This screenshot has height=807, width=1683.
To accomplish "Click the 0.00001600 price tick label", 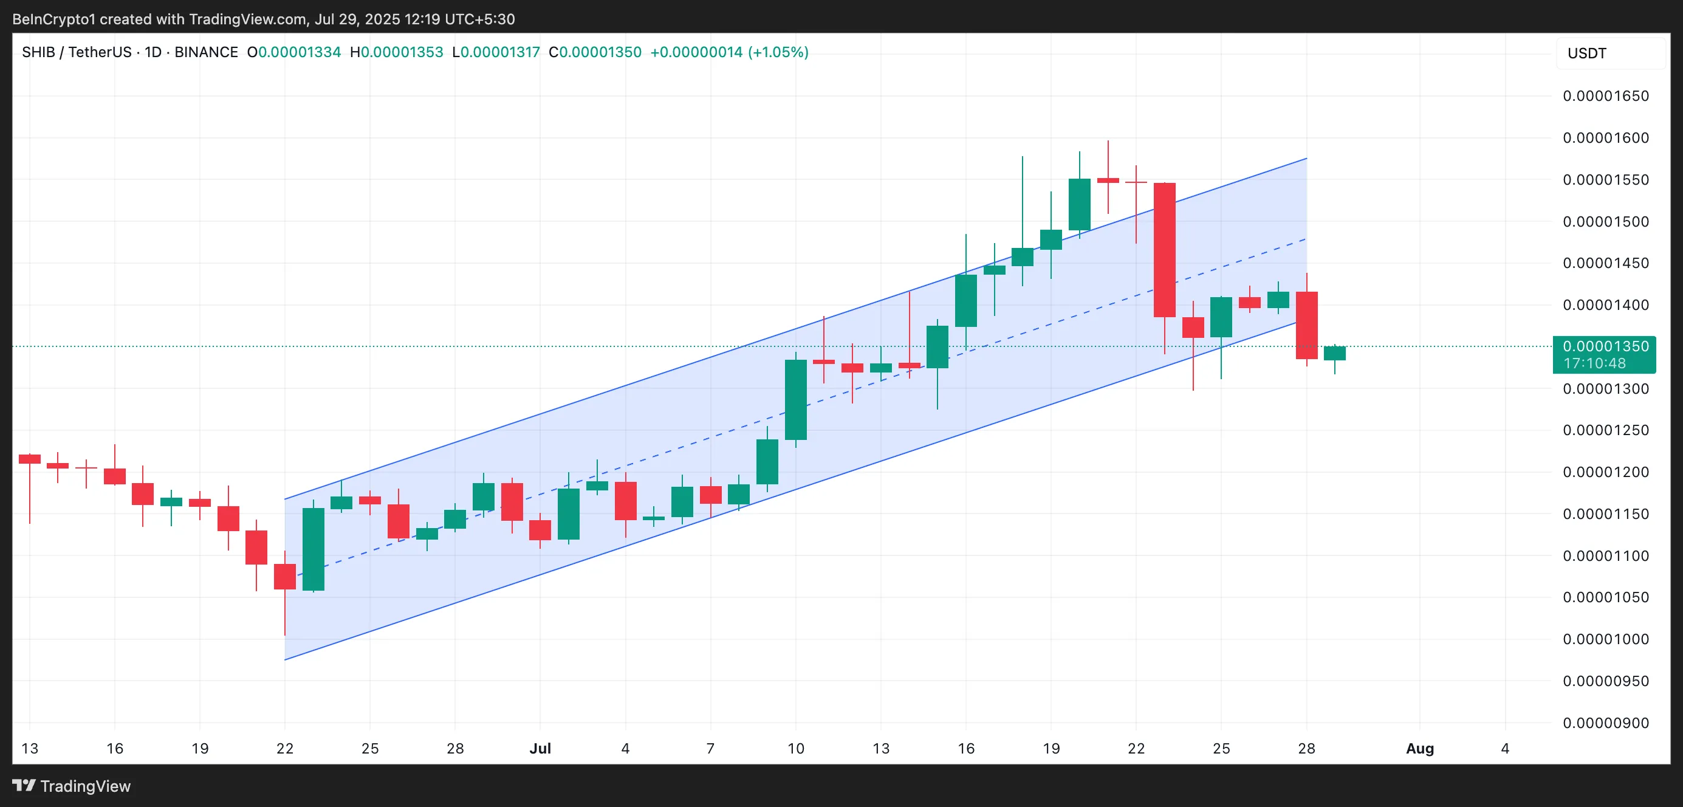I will [1605, 138].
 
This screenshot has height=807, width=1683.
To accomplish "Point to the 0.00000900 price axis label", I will [1605, 723].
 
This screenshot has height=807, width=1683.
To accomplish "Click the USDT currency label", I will [1586, 53].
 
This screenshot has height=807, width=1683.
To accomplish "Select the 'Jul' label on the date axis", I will [540, 748].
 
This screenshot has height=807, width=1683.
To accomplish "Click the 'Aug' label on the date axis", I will [1419, 748].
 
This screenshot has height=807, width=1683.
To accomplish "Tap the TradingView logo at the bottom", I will [72, 786].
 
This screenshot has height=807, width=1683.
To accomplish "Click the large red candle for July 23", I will [1164, 250].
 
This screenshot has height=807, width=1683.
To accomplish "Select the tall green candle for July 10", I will [795, 399].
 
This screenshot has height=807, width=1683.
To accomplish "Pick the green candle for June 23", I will [313, 549].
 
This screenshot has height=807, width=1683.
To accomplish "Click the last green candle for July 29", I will [1334, 353].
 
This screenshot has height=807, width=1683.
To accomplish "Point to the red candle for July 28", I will [1306, 325].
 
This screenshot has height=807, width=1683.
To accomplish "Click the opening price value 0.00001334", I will [299, 52].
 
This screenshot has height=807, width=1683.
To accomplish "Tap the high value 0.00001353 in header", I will [402, 52].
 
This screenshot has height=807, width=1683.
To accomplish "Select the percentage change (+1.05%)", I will [778, 52].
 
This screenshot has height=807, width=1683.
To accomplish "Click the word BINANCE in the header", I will [206, 52].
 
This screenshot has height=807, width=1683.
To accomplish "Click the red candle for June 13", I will [29, 459].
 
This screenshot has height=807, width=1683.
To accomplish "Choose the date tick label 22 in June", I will [285, 748].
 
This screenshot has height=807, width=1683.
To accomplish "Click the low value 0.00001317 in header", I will [500, 52].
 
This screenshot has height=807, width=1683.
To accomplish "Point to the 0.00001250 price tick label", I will [1605, 430].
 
